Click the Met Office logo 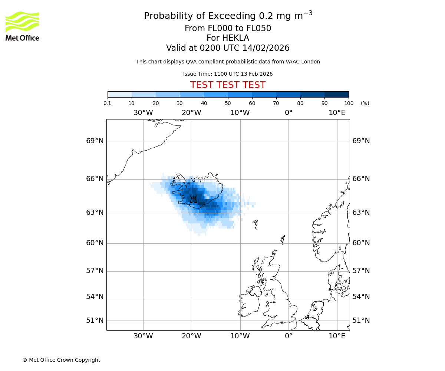coord(22,26)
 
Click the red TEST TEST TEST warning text coord(228,85)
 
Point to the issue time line coord(228,74)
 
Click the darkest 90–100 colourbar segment coord(336,94)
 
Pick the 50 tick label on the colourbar coord(228,103)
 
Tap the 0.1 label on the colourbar coord(108,103)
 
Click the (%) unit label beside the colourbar coord(365,103)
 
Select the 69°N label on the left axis coord(95,141)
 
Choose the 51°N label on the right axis coord(361,321)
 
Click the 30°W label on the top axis coord(143,113)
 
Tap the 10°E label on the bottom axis coord(337,336)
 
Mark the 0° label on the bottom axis coord(289,336)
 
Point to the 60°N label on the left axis coord(95,243)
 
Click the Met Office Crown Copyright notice coord(61,360)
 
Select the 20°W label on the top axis coord(191,113)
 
